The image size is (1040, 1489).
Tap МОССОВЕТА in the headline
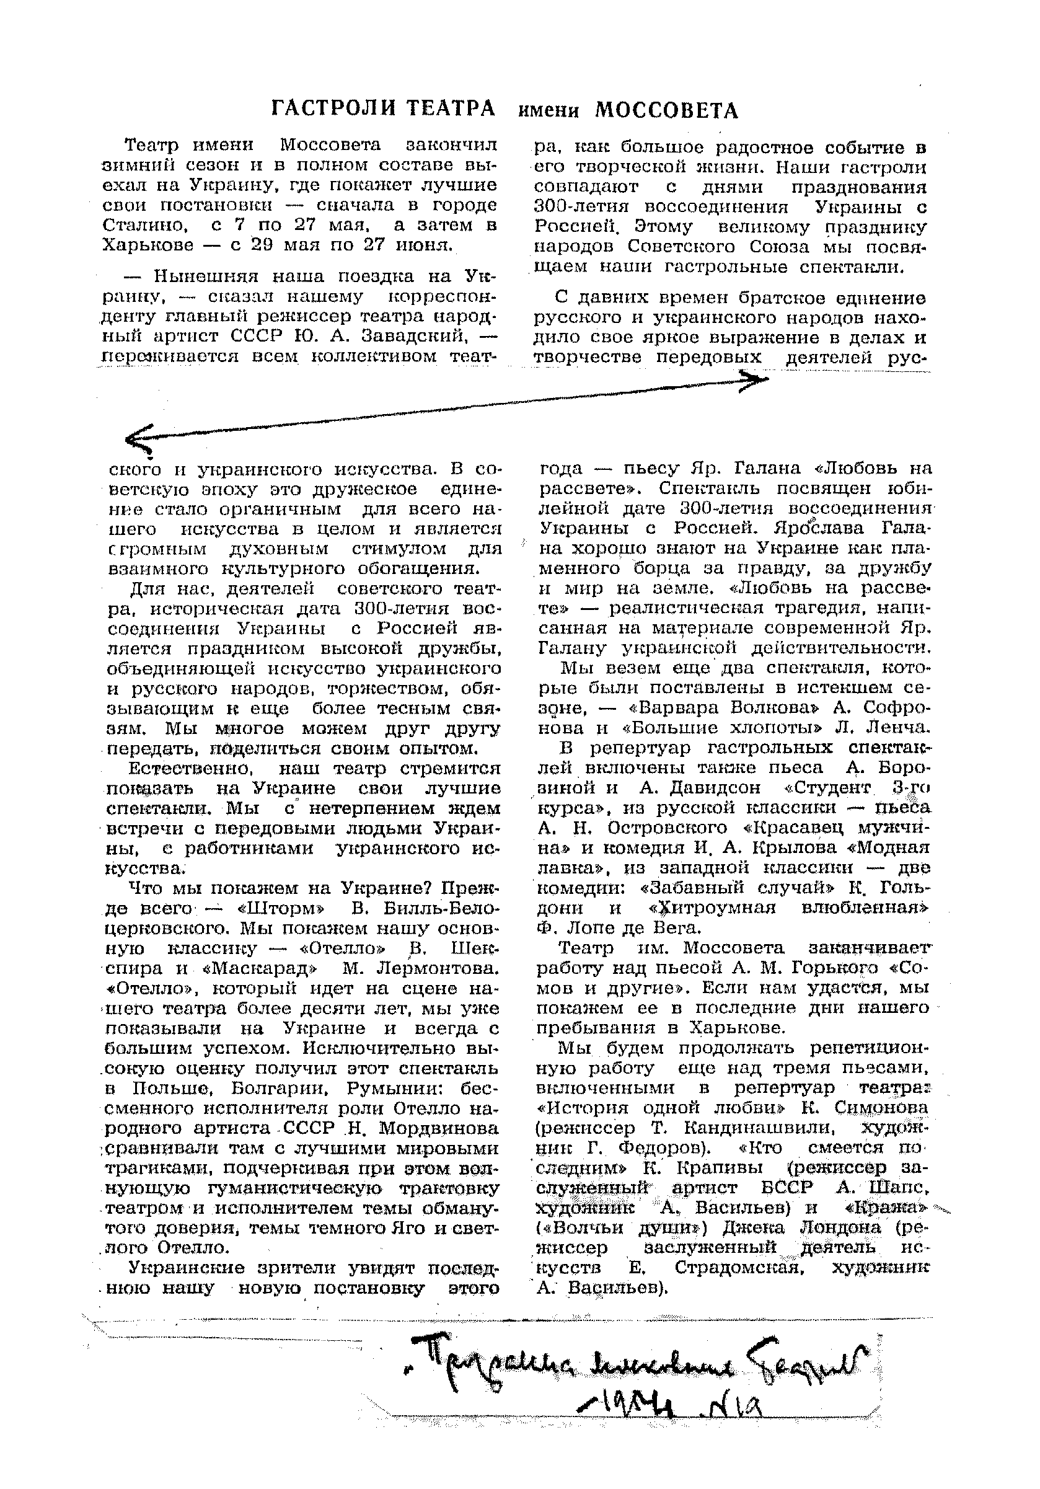pyautogui.click(x=666, y=111)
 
